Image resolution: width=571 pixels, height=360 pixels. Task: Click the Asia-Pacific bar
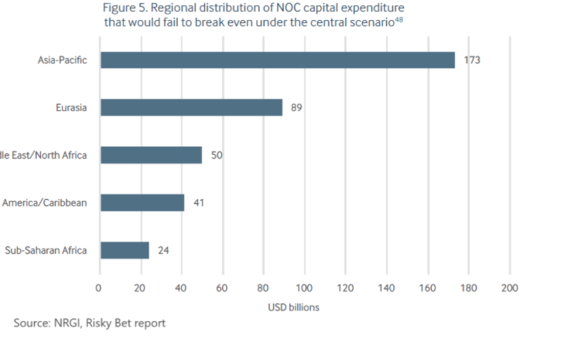pyautogui.click(x=277, y=60)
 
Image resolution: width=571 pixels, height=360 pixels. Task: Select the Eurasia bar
pyautogui.click(x=191, y=108)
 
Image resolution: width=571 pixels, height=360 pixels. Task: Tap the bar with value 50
pyautogui.click(x=151, y=155)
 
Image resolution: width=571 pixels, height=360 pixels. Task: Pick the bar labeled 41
pyautogui.click(x=142, y=203)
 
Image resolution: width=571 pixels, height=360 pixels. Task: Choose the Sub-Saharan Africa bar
pyautogui.click(x=125, y=250)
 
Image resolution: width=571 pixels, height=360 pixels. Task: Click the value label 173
pyautogui.click(x=472, y=60)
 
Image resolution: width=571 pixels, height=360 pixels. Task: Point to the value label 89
pyautogui.click(x=296, y=108)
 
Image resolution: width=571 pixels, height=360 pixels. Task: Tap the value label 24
pyautogui.click(x=163, y=250)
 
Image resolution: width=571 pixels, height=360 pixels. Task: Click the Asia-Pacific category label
pyautogui.click(x=62, y=60)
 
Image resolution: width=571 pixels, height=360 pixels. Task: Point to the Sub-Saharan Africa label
pyautogui.click(x=46, y=250)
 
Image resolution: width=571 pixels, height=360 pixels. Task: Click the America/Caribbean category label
pyautogui.click(x=44, y=203)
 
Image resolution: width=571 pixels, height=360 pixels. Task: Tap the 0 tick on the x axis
pyautogui.click(x=99, y=288)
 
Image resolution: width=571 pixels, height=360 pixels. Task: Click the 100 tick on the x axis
pyautogui.click(x=304, y=288)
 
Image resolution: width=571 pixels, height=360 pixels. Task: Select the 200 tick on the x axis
pyautogui.click(x=509, y=288)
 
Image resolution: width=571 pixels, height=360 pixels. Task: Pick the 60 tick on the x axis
pyautogui.click(x=222, y=288)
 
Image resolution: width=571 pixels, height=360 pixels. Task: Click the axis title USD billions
pyautogui.click(x=293, y=307)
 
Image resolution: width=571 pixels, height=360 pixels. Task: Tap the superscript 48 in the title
pyautogui.click(x=399, y=19)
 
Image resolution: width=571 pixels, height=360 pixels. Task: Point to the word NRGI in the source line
pyautogui.click(x=64, y=323)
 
